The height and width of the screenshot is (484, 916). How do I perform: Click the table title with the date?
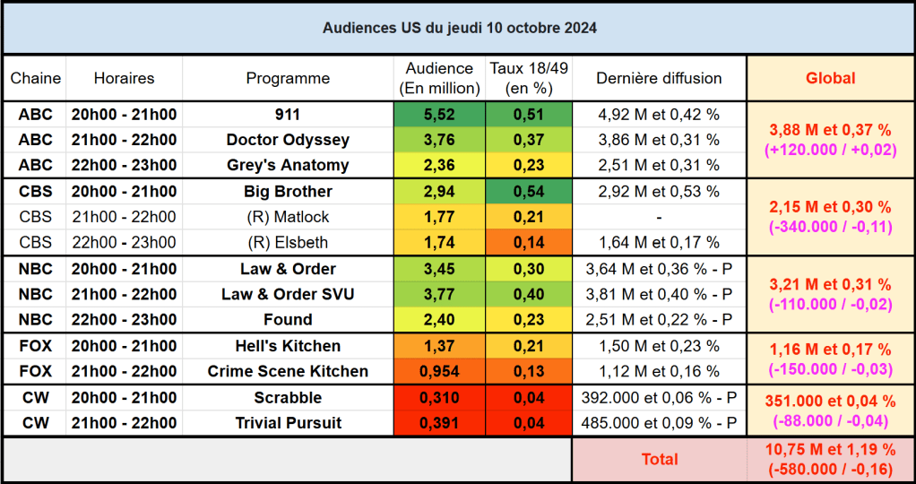click(459, 28)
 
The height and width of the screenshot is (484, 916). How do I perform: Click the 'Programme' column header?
click(288, 78)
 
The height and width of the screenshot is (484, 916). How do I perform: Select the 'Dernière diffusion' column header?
click(659, 78)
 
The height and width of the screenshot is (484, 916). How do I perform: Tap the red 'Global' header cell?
click(830, 78)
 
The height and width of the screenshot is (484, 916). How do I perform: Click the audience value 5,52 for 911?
click(439, 114)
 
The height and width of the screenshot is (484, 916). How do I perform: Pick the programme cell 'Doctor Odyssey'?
click(288, 140)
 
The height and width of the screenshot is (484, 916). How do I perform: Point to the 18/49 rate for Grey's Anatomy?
click(529, 165)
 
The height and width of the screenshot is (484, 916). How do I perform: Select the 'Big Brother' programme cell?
click(288, 191)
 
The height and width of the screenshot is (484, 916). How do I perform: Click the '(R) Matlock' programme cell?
click(288, 216)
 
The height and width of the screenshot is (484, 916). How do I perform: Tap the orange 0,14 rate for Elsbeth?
click(529, 242)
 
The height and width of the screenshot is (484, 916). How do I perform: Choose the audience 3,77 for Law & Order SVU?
click(439, 294)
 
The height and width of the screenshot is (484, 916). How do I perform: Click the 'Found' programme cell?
click(288, 319)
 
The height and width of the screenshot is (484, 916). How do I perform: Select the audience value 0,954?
click(439, 371)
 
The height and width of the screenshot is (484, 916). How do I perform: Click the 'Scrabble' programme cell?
click(288, 397)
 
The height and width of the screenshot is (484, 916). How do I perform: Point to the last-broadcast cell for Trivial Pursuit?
click(659, 423)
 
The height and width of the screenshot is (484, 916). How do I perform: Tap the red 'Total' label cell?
click(659, 459)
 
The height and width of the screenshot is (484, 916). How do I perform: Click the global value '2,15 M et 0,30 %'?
click(830, 207)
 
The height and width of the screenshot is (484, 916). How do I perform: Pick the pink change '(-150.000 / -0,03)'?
click(830, 368)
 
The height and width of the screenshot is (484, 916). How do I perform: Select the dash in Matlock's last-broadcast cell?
click(659, 217)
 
